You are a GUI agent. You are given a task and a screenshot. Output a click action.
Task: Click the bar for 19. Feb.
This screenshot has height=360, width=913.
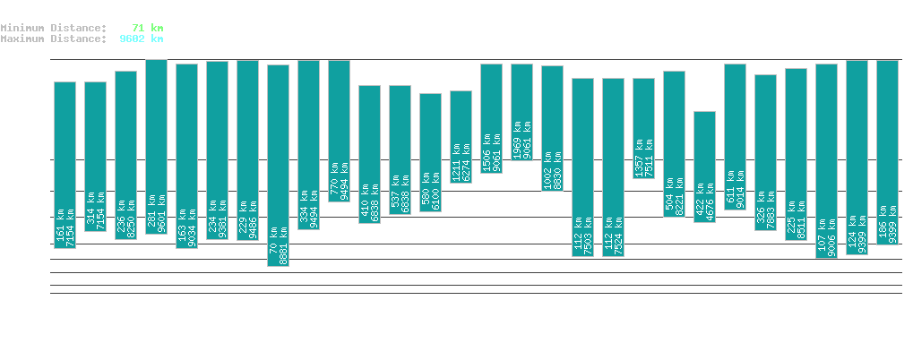pyautogui.click(x=278, y=166)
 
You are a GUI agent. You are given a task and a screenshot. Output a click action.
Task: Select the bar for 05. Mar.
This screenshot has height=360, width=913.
pyautogui.click(x=704, y=167)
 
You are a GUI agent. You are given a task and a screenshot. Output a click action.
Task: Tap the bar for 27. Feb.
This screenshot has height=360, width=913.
pyautogui.click(x=521, y=112)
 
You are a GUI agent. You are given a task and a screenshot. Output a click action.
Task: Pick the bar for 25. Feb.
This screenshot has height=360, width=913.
pyautogui.click(x=461, y=137)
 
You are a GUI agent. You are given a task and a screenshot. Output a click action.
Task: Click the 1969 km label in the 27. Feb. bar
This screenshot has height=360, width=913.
pyautogui.click(x=516, y=140)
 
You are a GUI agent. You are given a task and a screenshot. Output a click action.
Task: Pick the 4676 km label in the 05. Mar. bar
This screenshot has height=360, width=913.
pyautogui.click(x=710, y=205)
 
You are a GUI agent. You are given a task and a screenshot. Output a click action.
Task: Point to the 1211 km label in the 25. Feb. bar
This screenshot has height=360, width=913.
pyautogui.click(x=455, y=162)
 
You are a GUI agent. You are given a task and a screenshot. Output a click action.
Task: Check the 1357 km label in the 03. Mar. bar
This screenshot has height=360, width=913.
pyautogui.click(x=638, y=159)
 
